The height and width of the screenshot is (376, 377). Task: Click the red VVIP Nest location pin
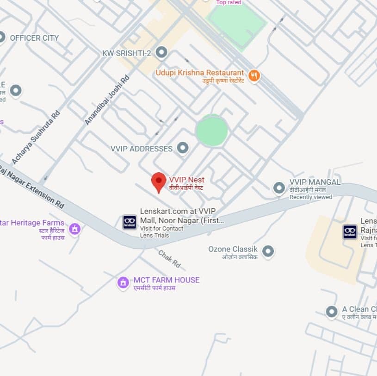pyautogui.click(x=159, y=182)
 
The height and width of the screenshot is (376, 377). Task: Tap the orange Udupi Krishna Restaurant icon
pyautogui.click(x=254, y=75)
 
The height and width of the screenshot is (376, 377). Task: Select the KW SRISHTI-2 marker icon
pyautogui.click(x=161, y=53)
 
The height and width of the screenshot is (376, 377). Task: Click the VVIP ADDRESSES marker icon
pyautogui.click(x=183, y=148)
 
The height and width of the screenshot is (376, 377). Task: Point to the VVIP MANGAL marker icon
pyautogui.click(x=279, y=188)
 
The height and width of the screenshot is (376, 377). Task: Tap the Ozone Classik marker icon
pyautogui.click(x=268, y=251)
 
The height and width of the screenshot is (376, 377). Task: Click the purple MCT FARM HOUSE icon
pyautogui.click(x=123, y=282)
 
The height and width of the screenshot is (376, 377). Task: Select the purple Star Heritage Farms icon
pyautogui.click(x=74, y=229)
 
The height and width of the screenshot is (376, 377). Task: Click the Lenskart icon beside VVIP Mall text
pyautogui.click(x=130, y=222)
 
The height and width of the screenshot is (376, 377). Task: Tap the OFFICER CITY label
pyautogui.click(x=34, y=38)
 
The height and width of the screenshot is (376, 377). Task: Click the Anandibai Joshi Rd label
pyautogui.click(x=107, y=100)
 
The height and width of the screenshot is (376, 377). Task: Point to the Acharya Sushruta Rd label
pyautogui.click(x=37, y=137)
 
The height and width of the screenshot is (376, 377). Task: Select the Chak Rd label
pyautogui.click(x=169, y=259)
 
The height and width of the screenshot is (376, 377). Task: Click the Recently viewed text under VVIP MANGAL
pyautogui.click(x=311, y=197)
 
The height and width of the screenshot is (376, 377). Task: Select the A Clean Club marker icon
pyautogui.click(x=332, y=312)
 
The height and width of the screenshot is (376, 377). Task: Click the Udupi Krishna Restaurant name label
pyautogui.click(x=200, y=73)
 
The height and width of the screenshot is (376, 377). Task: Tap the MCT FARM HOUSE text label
pyautogui.click(x=167, y=280)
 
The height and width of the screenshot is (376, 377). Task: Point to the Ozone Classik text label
pyautogui.click(x=233, y=249)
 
